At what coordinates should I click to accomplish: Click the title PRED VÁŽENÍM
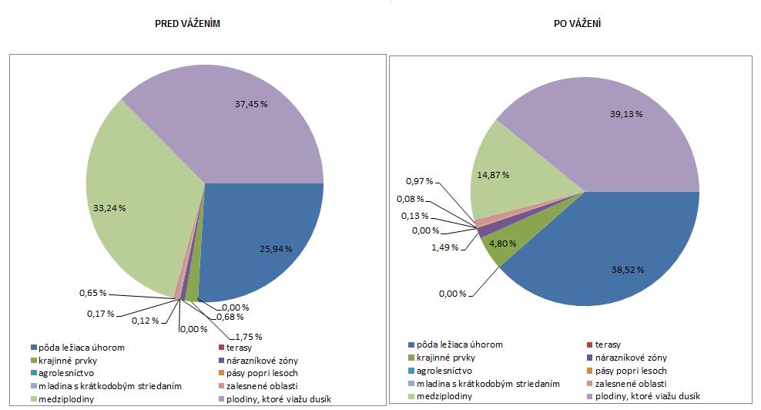click(x=189, y=25)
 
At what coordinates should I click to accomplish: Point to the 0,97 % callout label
click(x=418, y=181)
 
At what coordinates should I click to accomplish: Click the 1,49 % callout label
click(x=423, y=247)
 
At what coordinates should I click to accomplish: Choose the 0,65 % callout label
click(x=92, y=294)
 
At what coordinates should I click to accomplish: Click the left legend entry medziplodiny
click(x=62, y=398)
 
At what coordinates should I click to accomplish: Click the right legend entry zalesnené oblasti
click(x=629, y=384)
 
